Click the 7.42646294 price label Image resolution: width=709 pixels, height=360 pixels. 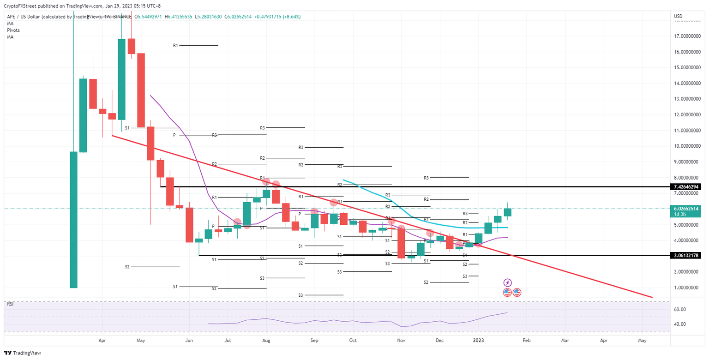click(x=687, y=187)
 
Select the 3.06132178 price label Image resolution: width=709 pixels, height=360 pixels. click(x=687, y=255)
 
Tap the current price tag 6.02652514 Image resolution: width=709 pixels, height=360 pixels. click(x=687, y=208)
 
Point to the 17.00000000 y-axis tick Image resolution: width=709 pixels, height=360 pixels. click(x=687, y=36)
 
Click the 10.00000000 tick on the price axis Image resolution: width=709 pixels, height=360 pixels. click(x=687, y=146)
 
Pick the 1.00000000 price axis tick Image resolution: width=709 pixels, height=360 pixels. click(x=687, y=288)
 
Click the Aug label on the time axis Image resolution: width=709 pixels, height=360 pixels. click(x=266, y=340)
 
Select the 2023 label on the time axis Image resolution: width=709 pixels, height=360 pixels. click(x=479, y=340)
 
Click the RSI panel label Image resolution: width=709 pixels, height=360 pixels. click(x=10, y=304)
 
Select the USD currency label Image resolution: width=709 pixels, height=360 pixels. click(x=678, y=17)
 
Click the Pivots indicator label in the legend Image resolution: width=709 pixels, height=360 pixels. click(x=13, y=30)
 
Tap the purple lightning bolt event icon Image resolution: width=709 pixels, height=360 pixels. click(x=507, y=282)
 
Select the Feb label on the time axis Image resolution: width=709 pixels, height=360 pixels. click(x=526, y=340)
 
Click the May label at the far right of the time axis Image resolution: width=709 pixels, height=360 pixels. click(x=642, y=340)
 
